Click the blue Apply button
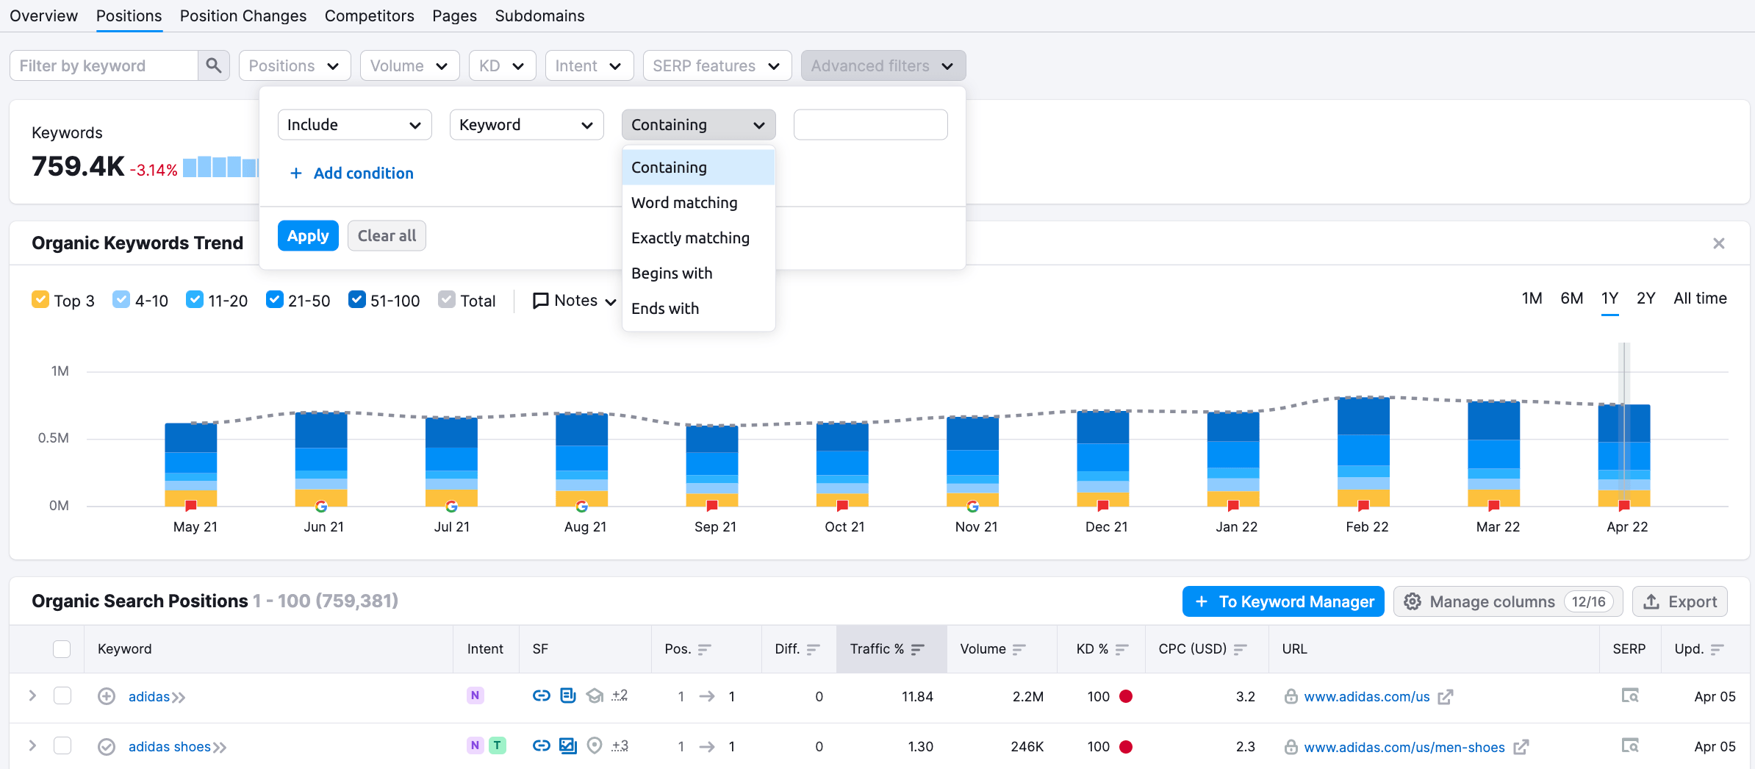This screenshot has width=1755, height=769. [307, 236]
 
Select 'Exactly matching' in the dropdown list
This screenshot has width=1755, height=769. [690, 238]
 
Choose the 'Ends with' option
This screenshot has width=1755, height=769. [665, 309]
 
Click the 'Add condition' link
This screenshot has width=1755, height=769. [352, 174]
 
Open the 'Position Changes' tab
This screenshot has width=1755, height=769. [243, 16]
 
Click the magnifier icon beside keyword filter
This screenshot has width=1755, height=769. [214, 66]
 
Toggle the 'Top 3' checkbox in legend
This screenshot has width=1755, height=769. [40, 300]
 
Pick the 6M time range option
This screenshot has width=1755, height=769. [1571, 298]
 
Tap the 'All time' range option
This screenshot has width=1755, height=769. [1700, 298]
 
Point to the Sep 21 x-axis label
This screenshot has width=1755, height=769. [715, 527]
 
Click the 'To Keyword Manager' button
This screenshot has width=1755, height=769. [1283, 602]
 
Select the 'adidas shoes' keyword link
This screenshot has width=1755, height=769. [170, 747]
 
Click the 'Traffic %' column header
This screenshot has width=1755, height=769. [877, 649]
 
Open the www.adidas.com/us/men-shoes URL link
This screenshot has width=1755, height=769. [1404, 748]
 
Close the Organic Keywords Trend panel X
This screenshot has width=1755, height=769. [1718, 243]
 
